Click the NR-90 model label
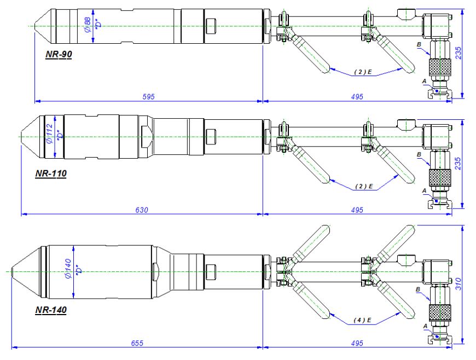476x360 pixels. [59, 55]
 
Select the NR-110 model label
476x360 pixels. [50, 175]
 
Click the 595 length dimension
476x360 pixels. [148, 96]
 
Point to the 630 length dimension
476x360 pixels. [142, 210]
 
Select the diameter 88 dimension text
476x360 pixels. [88, 25]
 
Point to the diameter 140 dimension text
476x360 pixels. [68, 270]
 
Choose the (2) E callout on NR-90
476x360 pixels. [363, 72]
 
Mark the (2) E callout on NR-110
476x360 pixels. [363, 186]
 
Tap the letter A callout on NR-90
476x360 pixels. [424, 80]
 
